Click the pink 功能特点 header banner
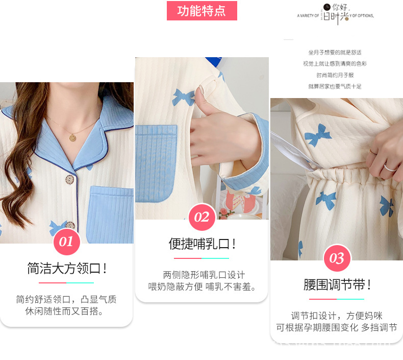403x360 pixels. [x=202, y=11]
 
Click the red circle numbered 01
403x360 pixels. [x=66, y=242]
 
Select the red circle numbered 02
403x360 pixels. [x=202, y=217]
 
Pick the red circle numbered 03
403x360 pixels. [x=336, y=258]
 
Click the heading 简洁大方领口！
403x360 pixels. [x=66, y=269]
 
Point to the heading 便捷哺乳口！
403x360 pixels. [x=202, y=244]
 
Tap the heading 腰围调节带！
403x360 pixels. [x=336, y=285]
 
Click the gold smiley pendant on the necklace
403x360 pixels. [x=73, y=137]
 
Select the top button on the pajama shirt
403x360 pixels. [x=69, y=180]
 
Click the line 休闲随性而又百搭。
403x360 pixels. [x=66, y=311]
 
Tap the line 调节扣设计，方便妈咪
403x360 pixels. [x=336, y=316]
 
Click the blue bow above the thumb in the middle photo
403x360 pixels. [x=184, y=97]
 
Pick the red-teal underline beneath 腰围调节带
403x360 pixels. [x=336, y=299]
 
